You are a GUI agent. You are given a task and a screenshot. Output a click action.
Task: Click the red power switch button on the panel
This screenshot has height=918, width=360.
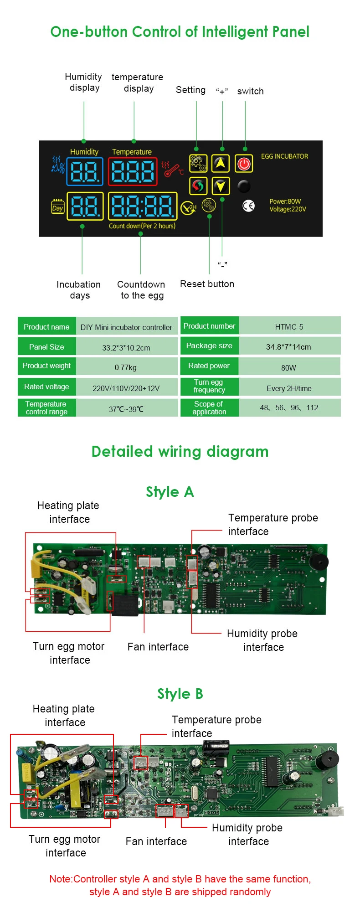click(x=244, y=164)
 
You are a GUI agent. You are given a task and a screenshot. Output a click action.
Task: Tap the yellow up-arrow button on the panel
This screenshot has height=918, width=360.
click(x=221, y=163)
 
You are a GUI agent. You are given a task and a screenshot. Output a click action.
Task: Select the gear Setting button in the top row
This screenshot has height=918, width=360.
click(x=198, y=163)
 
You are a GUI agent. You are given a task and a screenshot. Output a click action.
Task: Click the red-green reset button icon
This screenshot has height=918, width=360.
click(x=198, y=186)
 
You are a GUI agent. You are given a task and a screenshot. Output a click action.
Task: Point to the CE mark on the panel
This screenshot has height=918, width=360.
click(x=248, y=206)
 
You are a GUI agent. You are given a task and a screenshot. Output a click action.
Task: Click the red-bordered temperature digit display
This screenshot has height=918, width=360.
click(x=133, y=172)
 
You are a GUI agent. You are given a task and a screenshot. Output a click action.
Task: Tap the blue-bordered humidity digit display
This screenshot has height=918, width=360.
click(x=85, y=172)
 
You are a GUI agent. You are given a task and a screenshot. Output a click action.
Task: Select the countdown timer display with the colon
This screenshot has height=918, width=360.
click(x=142, y=206)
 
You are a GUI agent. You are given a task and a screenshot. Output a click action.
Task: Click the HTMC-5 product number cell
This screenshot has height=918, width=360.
click(x=289, y=327)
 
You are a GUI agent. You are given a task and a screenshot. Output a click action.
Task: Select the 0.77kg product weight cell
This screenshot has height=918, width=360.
click(x=126, y=367)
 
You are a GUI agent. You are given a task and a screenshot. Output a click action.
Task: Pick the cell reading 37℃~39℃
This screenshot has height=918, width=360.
click(x=126, y=409)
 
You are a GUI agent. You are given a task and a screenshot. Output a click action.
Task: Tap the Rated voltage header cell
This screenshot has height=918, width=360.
click(x=46, y=387)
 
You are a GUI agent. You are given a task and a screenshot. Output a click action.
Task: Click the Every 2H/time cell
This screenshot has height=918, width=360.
click(x=289, y=388)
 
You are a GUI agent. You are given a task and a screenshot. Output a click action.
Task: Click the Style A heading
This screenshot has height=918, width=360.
click(x=170, y=492)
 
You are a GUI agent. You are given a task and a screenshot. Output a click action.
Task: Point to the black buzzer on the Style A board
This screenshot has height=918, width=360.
click(x=319, y=562)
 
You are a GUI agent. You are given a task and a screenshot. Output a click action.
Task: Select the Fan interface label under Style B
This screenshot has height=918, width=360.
click(x=156, y=841)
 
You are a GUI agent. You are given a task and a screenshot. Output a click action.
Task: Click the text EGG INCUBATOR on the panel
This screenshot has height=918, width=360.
click(x=284, y=156)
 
